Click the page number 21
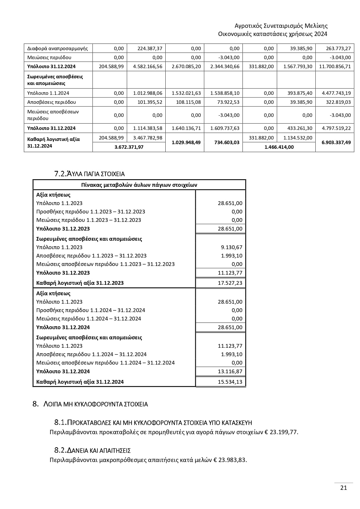coord(343,488)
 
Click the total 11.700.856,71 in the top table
coord(335,66)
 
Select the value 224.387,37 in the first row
coord(150,48)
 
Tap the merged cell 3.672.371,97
coord(129,147)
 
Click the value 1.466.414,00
coord(279,147)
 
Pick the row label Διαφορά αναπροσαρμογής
coord(57,48)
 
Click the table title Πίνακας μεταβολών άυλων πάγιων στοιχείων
coord(139,185)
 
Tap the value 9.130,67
coord(231,247)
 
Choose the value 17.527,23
coord(230,283)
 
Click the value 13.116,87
coord(230,371)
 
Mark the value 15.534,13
coord(230,382)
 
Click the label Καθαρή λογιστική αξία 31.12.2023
coord(80,283)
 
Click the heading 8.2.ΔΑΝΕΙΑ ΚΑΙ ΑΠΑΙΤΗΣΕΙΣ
coord(92,450)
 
